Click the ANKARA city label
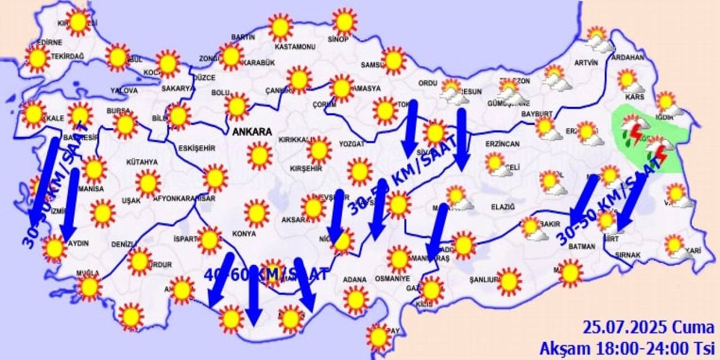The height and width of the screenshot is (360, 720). point(251,132)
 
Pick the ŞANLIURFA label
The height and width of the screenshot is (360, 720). point(485,279)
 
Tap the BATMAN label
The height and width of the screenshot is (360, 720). point(582,246)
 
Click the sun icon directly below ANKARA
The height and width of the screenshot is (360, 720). point(259,156)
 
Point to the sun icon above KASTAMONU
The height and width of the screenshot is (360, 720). point(280,26)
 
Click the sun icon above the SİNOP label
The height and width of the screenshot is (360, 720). point(344,21)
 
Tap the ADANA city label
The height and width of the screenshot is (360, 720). point(355,280)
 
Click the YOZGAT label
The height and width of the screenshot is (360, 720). point(352,144)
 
